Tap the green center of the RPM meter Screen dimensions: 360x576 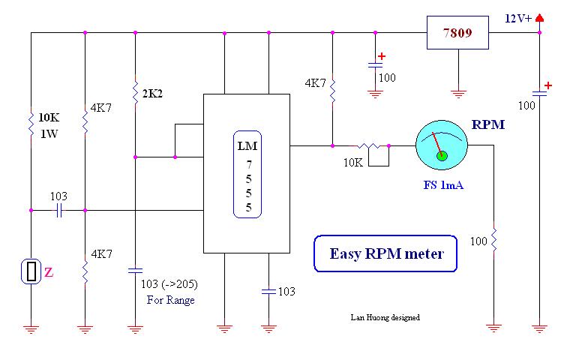tap(442, 155)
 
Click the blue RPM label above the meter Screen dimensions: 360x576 tap(487, 125)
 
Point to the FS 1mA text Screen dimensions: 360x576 tap(442, 184)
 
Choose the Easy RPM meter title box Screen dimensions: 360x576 tap(386, 254)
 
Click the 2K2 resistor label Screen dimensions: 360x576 tap(152, 94)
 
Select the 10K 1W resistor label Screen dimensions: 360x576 tap(49, 124)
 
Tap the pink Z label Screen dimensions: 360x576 tap(49, 273)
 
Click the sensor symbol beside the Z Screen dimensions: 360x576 tap(31, 271)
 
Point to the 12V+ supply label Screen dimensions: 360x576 tap(517, 19)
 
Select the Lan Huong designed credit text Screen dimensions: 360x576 tap(385, 317)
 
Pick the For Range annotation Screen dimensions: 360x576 tap(170, 300)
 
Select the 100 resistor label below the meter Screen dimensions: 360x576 tap(479, 241)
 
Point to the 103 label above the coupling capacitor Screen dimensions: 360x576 tap(58, 196)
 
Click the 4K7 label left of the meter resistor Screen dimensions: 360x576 tap(315, 83)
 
